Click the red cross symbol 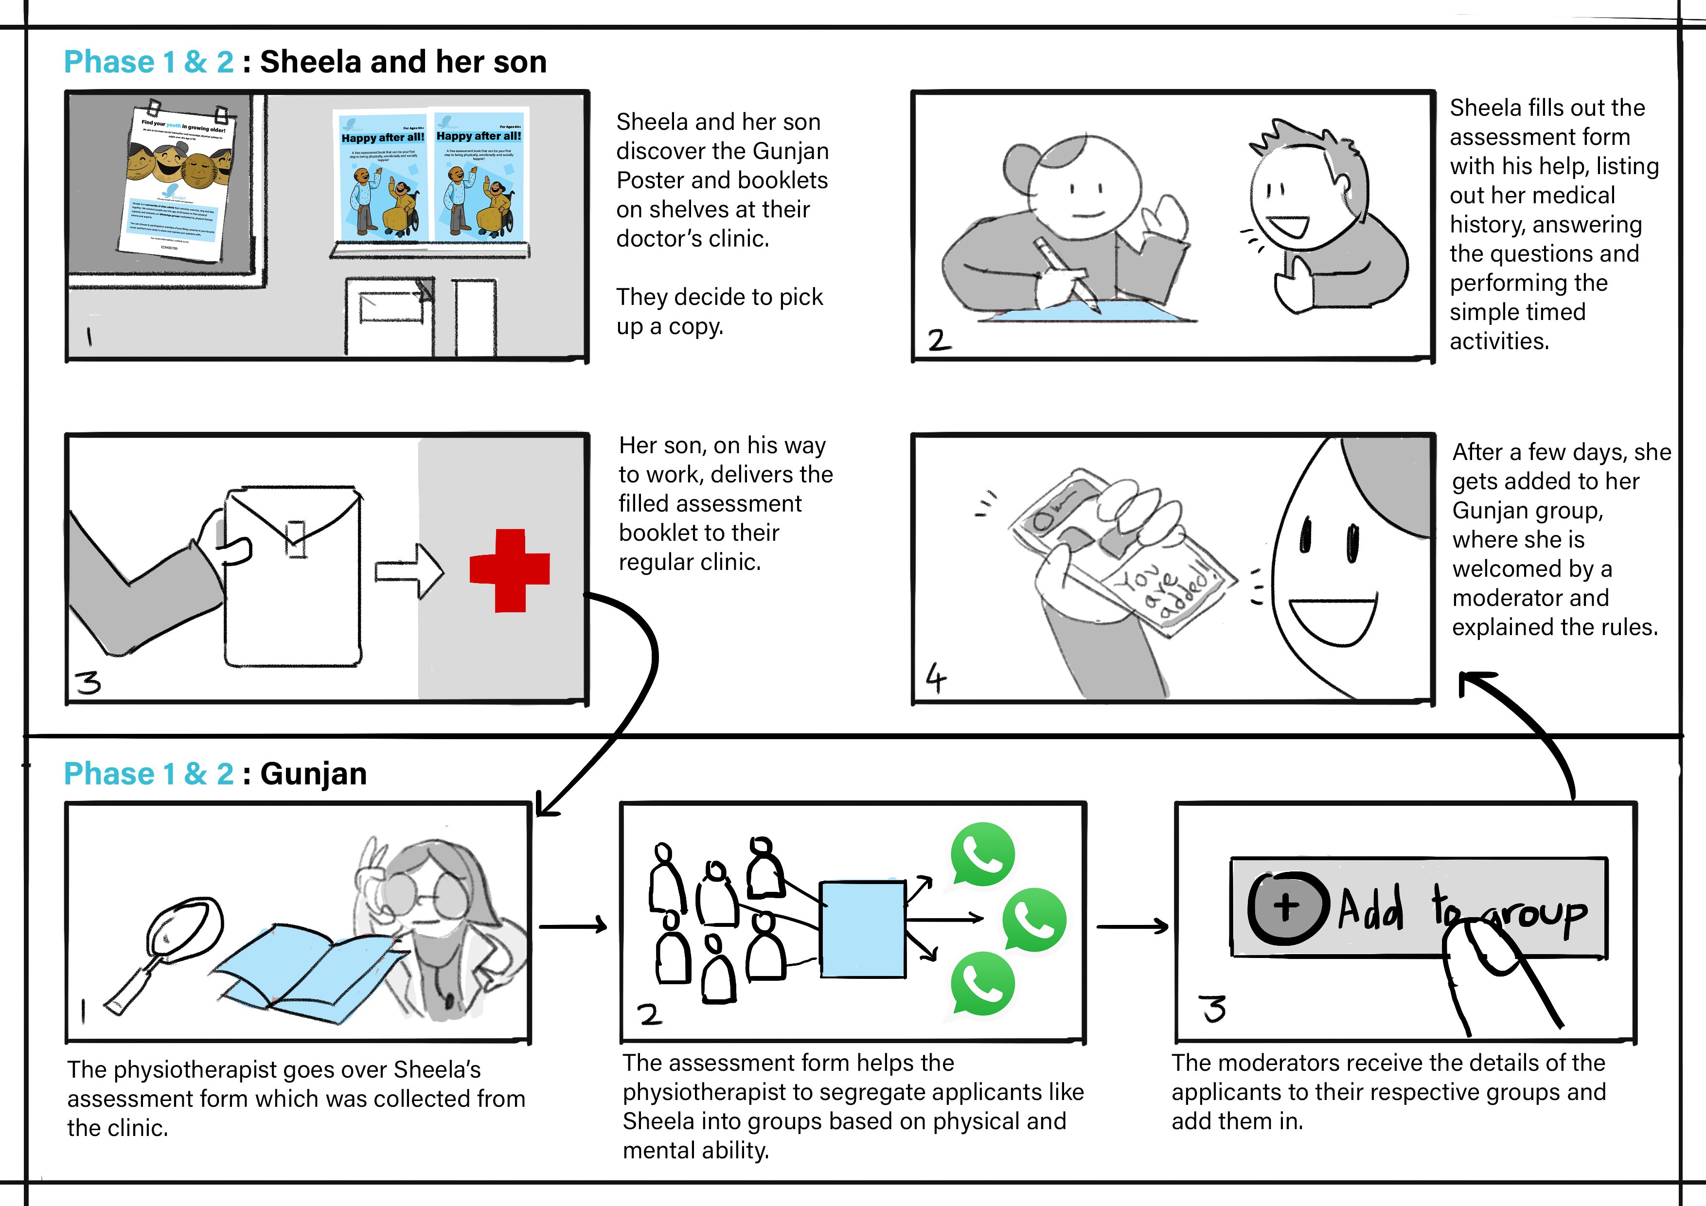tap(510, 570)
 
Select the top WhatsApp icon tap(982, 854)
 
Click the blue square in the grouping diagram tap(862, 929)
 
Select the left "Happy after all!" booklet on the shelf tap(383, 177)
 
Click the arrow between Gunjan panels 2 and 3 tap(1132, 926)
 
